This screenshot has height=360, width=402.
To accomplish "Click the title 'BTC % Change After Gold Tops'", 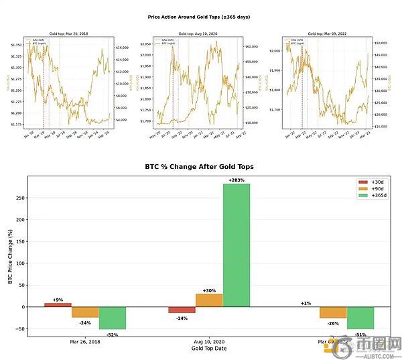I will [x=199, y=166].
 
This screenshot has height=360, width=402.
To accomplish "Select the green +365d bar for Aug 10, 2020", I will [x=236, y=245].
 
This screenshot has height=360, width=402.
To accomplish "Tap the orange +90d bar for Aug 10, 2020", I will [x=209, y=300].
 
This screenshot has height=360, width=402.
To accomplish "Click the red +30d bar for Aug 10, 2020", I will [x=182, y=310].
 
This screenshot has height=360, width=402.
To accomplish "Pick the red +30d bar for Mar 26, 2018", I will [x=58, y=305].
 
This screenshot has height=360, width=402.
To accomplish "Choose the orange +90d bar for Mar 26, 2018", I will [x=85, y=312].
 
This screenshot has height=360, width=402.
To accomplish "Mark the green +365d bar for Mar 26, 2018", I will [x=112, y=318].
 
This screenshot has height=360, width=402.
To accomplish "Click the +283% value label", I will [x=236, y=180].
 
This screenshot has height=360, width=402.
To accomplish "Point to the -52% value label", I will [x=112, y=334].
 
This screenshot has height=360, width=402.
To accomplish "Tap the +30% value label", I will [x=209, y=290].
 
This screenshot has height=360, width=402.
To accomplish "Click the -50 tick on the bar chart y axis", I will [x=19, y=329].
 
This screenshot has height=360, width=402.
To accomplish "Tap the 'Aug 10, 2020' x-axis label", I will [x=209, y=342].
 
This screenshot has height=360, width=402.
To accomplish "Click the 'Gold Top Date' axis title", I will [x=209, y=349].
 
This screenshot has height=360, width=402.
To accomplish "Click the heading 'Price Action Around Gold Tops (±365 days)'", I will [x=199, y=17].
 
